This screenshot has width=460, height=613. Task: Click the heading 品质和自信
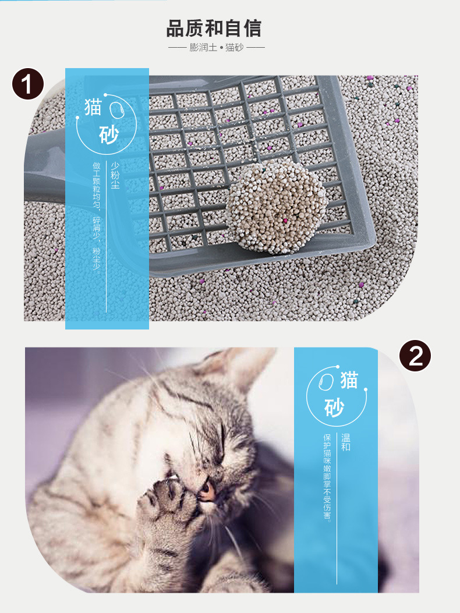click(214, 29)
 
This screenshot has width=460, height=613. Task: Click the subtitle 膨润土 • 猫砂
click(216, 48)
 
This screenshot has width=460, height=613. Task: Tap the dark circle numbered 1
click(28, 84)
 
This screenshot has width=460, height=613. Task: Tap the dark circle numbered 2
click(415, 356)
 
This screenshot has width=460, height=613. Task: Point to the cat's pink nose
click(207, 491)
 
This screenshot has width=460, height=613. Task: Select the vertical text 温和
click(346, 442)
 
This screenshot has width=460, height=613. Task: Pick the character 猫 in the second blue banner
click(349, 380)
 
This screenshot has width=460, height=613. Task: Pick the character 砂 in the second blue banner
click(334, 408)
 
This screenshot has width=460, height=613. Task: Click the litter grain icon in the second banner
click(326, 381)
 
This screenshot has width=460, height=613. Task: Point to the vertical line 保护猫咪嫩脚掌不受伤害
click(327, 478)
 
